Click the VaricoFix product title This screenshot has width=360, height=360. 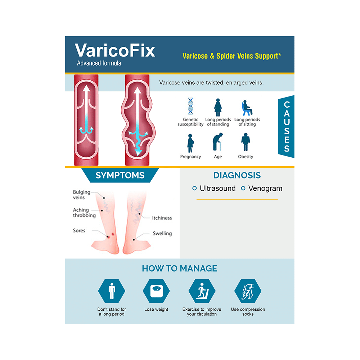[115, 50]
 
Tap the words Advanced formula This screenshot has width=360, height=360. [99, 63]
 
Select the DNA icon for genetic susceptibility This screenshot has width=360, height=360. [190, 106]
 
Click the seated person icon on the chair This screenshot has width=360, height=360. [247, 108]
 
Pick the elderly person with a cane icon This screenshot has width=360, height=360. [217, 142]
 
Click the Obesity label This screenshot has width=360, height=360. [246, 157]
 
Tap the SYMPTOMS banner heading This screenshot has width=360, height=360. [120, 176]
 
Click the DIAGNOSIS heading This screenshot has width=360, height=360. [237, 176]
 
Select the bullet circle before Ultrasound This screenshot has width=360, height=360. [195, 188]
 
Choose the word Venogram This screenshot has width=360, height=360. [265, 188]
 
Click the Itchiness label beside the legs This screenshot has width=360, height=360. [162, 218]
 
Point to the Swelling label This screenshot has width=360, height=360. [162, 233]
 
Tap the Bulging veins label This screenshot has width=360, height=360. [82, 195]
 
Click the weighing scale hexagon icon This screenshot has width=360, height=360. [156, 291]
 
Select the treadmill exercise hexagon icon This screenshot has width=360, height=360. [202, 291]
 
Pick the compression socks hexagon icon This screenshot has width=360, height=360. [248, 291]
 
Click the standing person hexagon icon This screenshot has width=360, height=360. [111, 291]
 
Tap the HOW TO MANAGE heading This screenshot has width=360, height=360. [179, 269]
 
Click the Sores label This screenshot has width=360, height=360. [79, 230]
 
